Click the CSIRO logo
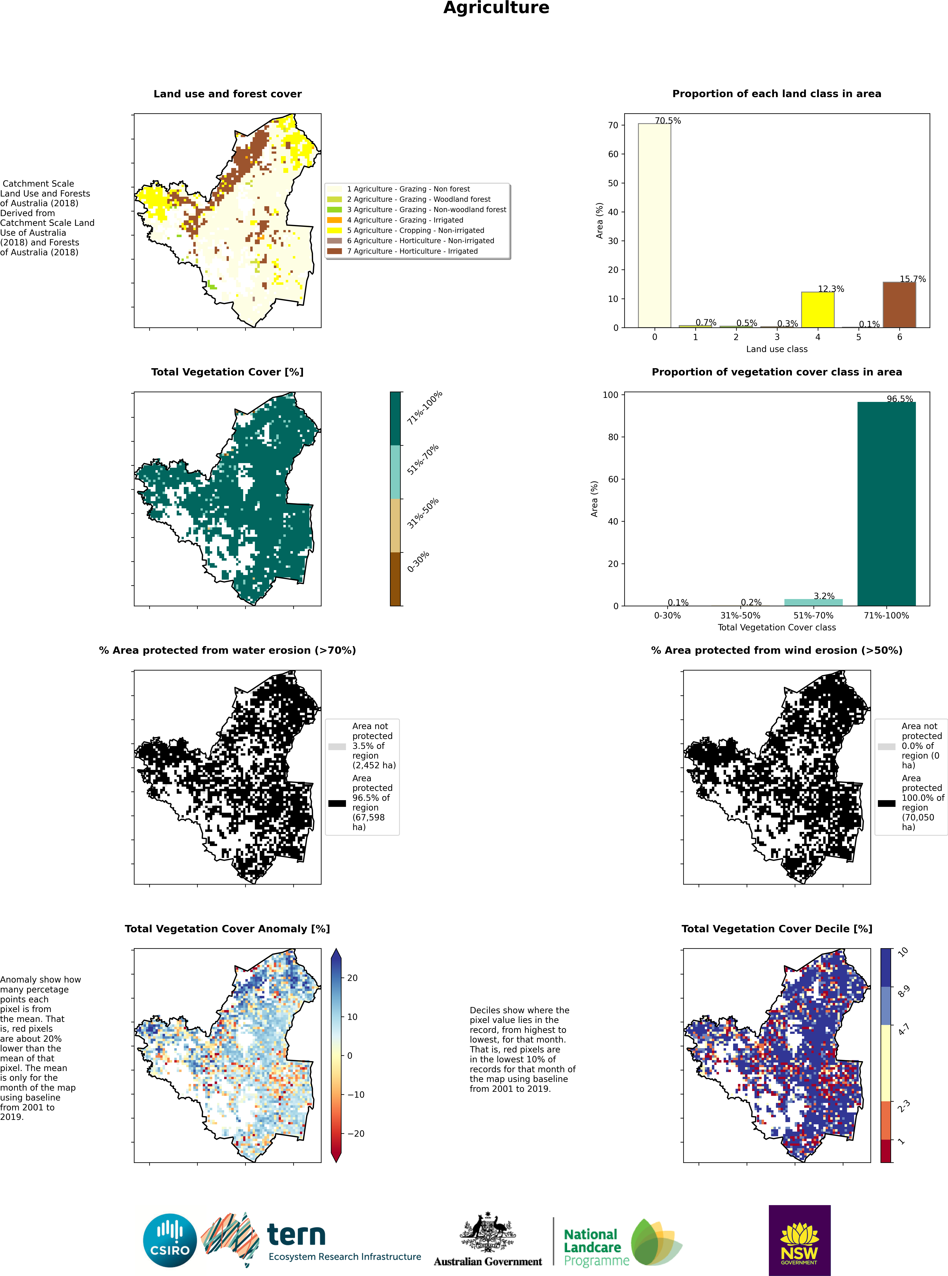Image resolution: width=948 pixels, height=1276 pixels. coord(170,1241)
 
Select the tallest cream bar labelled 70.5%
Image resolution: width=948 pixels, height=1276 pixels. coord(654,225)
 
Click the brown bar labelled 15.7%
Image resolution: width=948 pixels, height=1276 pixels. coord(899,305)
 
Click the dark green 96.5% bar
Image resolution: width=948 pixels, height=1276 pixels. coord(887,504)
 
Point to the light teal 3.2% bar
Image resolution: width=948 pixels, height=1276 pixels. coord(814,602)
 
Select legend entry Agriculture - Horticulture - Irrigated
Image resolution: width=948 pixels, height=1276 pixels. coord(412,251)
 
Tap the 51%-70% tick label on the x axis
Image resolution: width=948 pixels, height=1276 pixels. coord(814,616)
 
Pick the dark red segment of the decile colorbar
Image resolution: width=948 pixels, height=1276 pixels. coord(886,1151)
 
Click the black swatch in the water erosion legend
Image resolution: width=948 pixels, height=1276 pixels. coord(337,803)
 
